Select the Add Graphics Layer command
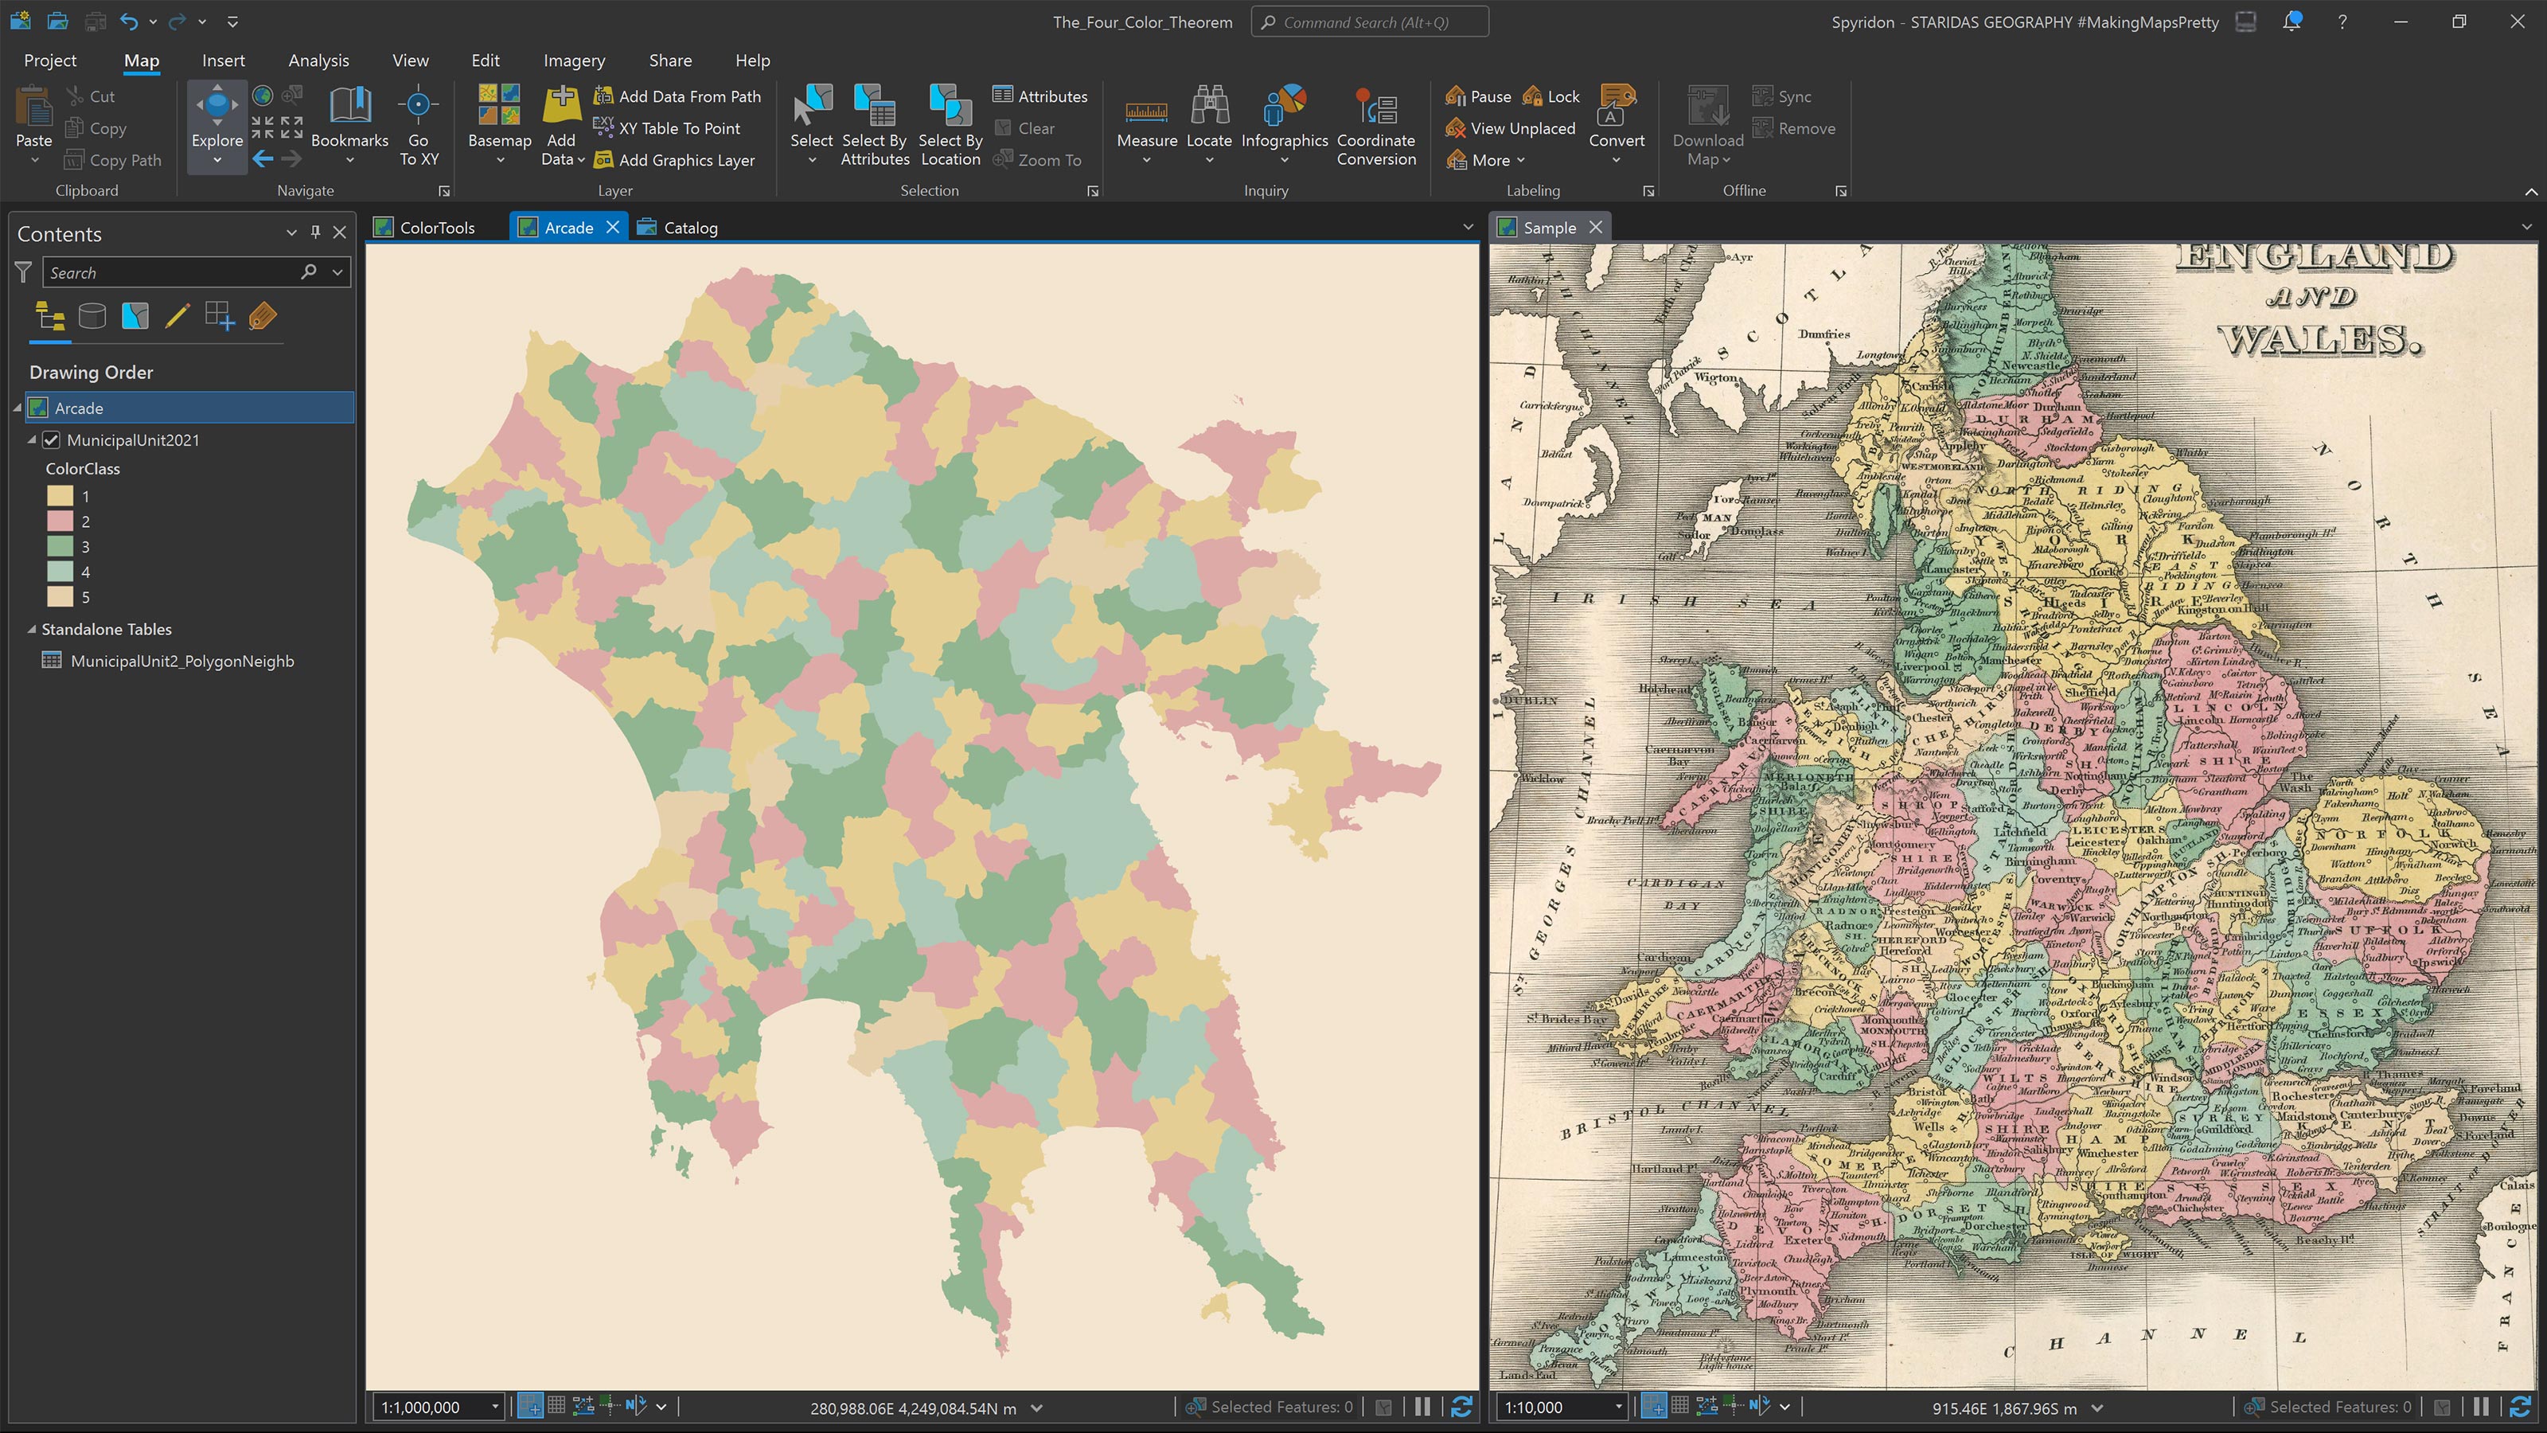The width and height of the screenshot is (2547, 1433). pos(685,160)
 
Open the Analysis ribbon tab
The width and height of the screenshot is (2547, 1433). pos(318,61)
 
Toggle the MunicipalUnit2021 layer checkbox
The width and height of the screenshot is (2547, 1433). pos(52,440)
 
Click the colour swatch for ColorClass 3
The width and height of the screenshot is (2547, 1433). pos(60,547)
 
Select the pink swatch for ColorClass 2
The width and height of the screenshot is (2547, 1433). pos(60,521)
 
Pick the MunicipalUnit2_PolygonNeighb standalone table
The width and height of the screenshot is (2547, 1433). pos(182,662)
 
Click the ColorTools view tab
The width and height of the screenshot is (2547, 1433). pos(436,228)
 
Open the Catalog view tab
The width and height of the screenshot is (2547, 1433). pos(690,228)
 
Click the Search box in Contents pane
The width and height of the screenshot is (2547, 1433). pos(173,273)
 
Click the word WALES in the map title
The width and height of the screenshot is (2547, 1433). pos(2319,340)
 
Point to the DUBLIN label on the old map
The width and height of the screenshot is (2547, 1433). pos(1531,701)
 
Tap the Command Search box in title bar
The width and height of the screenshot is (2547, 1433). pos(1369,21)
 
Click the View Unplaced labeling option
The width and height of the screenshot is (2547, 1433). pos(1522,128)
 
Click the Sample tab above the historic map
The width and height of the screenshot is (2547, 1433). pos(1548,228)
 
